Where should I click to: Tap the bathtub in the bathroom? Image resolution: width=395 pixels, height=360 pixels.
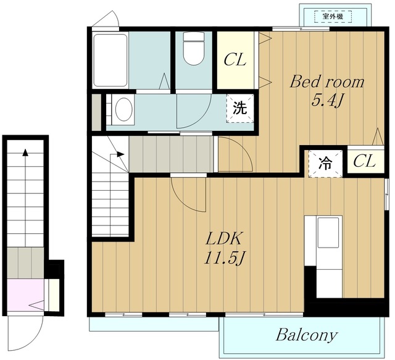[110, 61]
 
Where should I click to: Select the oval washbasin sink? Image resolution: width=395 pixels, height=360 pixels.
[123, 110]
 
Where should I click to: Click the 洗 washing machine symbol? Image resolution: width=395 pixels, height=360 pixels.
[239, 109]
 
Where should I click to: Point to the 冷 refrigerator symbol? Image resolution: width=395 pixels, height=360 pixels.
[325, 164]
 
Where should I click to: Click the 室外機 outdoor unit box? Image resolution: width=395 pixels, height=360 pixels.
[333, 17]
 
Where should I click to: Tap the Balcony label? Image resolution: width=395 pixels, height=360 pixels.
[306, 335]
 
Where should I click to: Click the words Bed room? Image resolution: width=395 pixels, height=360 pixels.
[327, 82]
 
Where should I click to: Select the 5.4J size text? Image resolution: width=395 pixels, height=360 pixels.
[327, 101]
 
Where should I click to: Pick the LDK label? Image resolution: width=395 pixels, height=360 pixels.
[223, 239]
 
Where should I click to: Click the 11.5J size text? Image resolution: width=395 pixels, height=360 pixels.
[224, 258]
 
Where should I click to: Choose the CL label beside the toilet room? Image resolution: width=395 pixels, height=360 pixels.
[235, 60]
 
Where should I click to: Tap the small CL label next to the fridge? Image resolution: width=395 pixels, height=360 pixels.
[364, 161]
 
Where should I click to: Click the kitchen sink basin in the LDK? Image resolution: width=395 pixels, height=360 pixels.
[328, 233]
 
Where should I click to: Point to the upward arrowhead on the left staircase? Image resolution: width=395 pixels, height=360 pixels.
[25, 153]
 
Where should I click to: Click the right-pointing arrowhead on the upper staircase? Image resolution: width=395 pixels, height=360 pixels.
[121, 154]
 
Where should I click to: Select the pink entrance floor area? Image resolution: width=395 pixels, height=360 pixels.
[25, 295]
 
